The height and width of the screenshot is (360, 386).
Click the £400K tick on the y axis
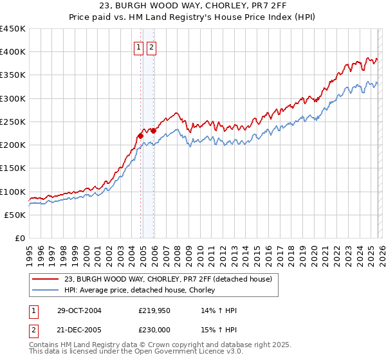(13, 52)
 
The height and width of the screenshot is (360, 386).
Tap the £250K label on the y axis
(13, 122)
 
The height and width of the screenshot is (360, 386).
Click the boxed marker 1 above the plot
(138, 47)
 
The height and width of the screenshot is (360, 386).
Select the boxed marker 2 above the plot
(151, 47)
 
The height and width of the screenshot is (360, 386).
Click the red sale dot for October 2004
(140, 136)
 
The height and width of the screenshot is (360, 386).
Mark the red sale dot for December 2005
(153, 130)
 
